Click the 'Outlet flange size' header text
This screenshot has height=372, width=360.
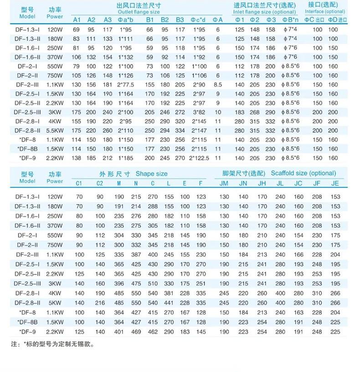pyautogui.click(x=139, y=12)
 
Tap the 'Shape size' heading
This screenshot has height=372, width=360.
pyautogui.click(x=151, y=173)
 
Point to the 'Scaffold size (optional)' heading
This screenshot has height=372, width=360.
pyautogui.click(x=303, y=173)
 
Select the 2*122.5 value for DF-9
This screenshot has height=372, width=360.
pyautogui.click(x=199, y=158)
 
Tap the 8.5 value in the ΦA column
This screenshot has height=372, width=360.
pyautogui.click(x=218, y=85)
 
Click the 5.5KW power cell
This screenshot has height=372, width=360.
pyautogui.click(x=55, y=131)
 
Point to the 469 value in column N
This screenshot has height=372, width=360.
pyautogui.click(x=136, y=332)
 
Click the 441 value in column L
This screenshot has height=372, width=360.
pyautogui.click(x=169, y=303)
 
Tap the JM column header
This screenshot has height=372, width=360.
pyautogui.click(x=224, y=183)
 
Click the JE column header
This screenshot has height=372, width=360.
pyautogui.click(x=335, y=183)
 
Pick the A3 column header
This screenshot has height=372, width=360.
pyautogui.click(x=108, y=20)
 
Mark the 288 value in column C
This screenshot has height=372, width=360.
pyautogui.click(x=153, y=206)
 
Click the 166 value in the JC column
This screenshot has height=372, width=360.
pyautogui.click(x=298, y=255)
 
